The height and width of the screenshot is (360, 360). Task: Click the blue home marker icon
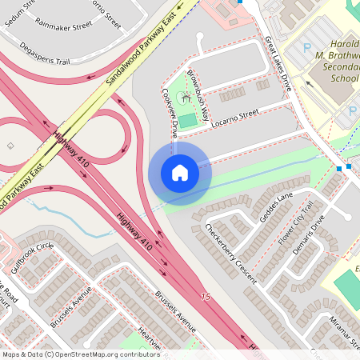(180, 173)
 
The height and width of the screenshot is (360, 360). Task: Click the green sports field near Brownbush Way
(187, 121)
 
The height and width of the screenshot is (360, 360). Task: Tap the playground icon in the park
(185, 97)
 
